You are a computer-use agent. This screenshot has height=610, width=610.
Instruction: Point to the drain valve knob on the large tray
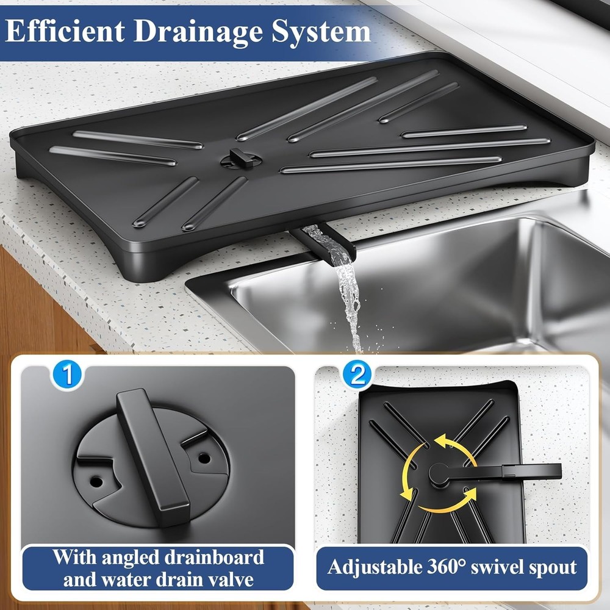tap(240, 158)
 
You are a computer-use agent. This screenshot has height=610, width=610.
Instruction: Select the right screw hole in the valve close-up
tap(204, 457)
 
